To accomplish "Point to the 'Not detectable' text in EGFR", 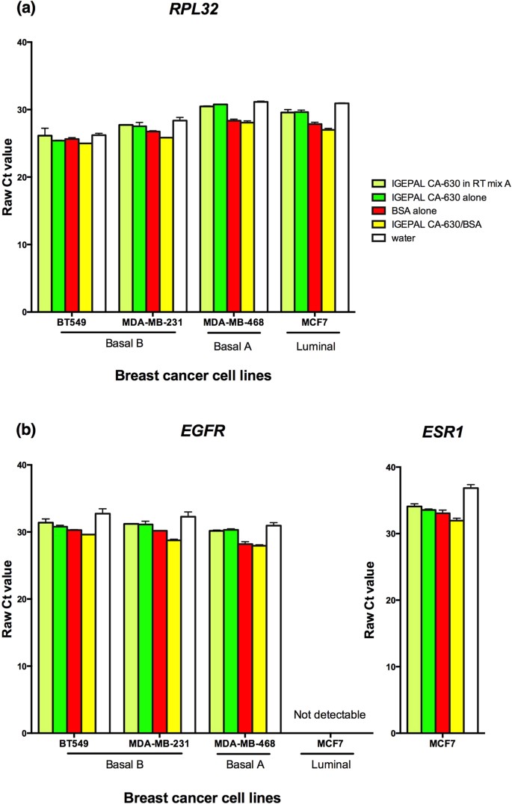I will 330,714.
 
